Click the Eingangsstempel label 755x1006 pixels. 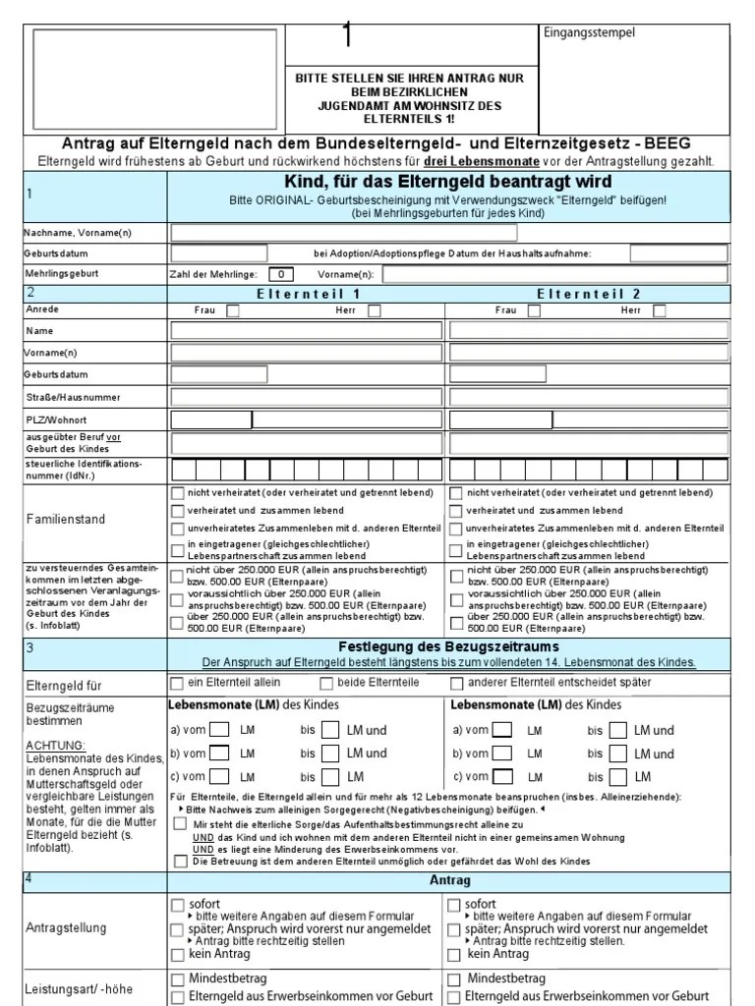tap(590, 33)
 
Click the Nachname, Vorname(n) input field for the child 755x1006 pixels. tap(344, 233)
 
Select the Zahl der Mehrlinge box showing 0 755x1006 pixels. tap(280, 274)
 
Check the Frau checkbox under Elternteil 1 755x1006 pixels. tap(233, 310)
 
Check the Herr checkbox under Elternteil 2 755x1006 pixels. tap(660, 310)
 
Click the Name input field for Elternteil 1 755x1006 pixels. tap(308, 331)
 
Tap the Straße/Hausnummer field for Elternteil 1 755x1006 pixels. tap(308, 397)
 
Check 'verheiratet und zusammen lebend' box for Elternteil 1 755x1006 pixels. tap(177, 511)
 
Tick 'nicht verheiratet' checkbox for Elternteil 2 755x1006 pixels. tap(455, 492)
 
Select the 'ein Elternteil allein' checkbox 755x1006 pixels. tap(177, 683)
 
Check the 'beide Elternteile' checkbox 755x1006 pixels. tap(326, 683)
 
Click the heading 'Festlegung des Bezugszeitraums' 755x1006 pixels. tap(448, 646)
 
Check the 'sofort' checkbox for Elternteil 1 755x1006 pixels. tap(177, 904)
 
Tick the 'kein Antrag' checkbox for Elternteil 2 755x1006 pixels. tap(454, 954)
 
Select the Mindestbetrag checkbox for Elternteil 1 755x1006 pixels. tap(177, 979)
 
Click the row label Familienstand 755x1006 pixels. tap(65, 519)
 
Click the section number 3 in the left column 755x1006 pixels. tap(30, 648)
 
